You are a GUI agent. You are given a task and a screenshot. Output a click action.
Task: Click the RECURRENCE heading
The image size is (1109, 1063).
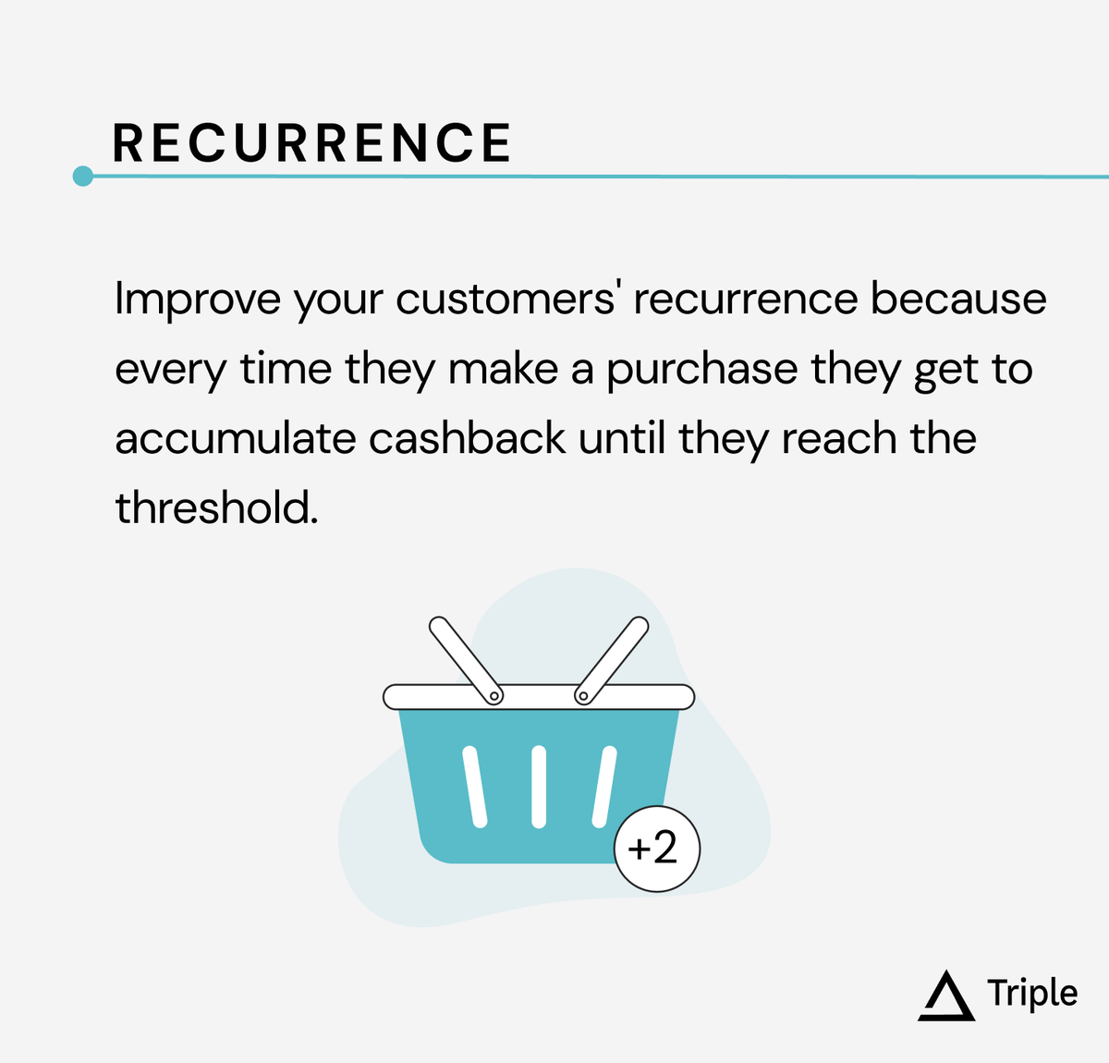[311, 144]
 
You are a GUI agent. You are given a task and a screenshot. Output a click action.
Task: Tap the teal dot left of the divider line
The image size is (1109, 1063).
[83, 176]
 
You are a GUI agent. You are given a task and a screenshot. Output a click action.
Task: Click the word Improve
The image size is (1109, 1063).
[198, 299]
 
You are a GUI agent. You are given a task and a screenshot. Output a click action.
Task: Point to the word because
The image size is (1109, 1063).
[958, 299]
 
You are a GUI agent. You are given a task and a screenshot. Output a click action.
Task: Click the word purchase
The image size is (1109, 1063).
[701, 370]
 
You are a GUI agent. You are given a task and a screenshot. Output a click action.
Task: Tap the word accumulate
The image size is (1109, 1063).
[235, 438]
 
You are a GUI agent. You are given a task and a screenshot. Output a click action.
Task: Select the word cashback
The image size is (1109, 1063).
[467, 438]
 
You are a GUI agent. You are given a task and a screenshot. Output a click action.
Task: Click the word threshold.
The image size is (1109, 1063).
[215, 507]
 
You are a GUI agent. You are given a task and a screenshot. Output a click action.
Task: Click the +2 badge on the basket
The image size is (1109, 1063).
[657, 849]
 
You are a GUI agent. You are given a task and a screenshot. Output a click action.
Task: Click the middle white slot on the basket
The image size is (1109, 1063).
[539, 786]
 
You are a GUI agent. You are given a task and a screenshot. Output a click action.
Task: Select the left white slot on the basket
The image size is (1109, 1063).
[475, 786]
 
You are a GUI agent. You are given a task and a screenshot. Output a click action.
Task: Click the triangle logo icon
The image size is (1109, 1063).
[946, 996]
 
